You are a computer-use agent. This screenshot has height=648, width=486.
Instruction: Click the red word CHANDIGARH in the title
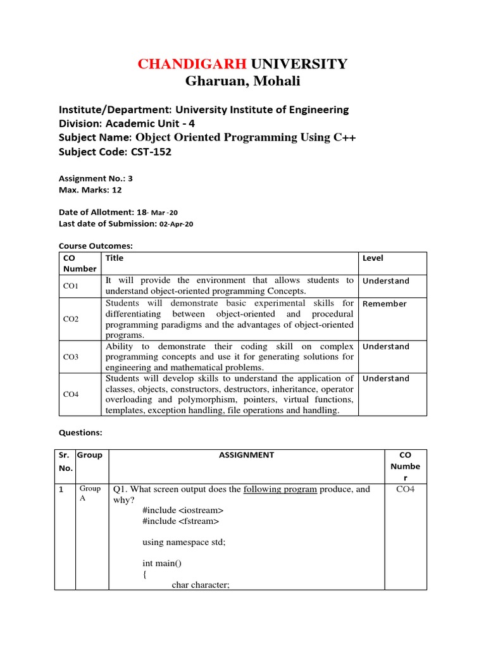pyautogui.click(x=192, y=64)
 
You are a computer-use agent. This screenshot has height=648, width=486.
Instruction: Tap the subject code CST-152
pyautogui.click(x=151, y=151)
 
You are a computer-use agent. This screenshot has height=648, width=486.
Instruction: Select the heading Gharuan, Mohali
pyautogui.click(x=243, y=81)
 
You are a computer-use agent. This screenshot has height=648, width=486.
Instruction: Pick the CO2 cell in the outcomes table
pyautogui.click(x=71, y=319)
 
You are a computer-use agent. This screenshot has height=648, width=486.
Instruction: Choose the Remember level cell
pyautogui.click(x=384, y=304)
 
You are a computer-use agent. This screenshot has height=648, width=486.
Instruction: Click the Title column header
pyautogui.click(x=115, y=258)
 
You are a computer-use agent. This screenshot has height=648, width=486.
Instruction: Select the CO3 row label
pyautogui.click(x=71, y=357)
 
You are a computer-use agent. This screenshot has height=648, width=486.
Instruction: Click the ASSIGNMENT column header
pyautogui.click(x=246, y=455)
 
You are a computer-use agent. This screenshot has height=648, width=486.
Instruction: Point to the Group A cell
pyautogui.click(x=89, y=494)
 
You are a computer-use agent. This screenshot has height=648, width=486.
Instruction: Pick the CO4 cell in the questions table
pyautogui.click(x=405, y=489)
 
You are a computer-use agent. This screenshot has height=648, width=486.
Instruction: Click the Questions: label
pyautogui.click(x=80, y=433)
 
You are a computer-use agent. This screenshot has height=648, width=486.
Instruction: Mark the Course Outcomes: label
pyautogui.click(x=96, y=246)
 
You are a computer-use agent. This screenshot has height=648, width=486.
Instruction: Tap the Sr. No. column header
pyautogui.click(x=65, y=461)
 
